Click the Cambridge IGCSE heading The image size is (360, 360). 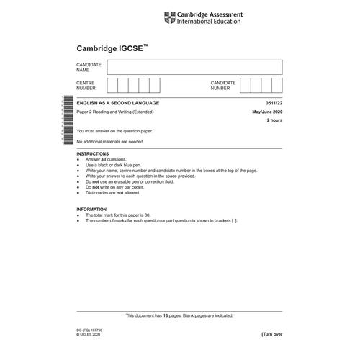click(x=112, y=49)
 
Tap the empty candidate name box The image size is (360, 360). click(x=194, y=67)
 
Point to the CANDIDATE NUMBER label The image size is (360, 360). click(x=223, y=86)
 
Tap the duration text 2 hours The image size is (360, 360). click(x=274, y=122)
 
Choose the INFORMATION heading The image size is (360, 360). click(x=91, y=209)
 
